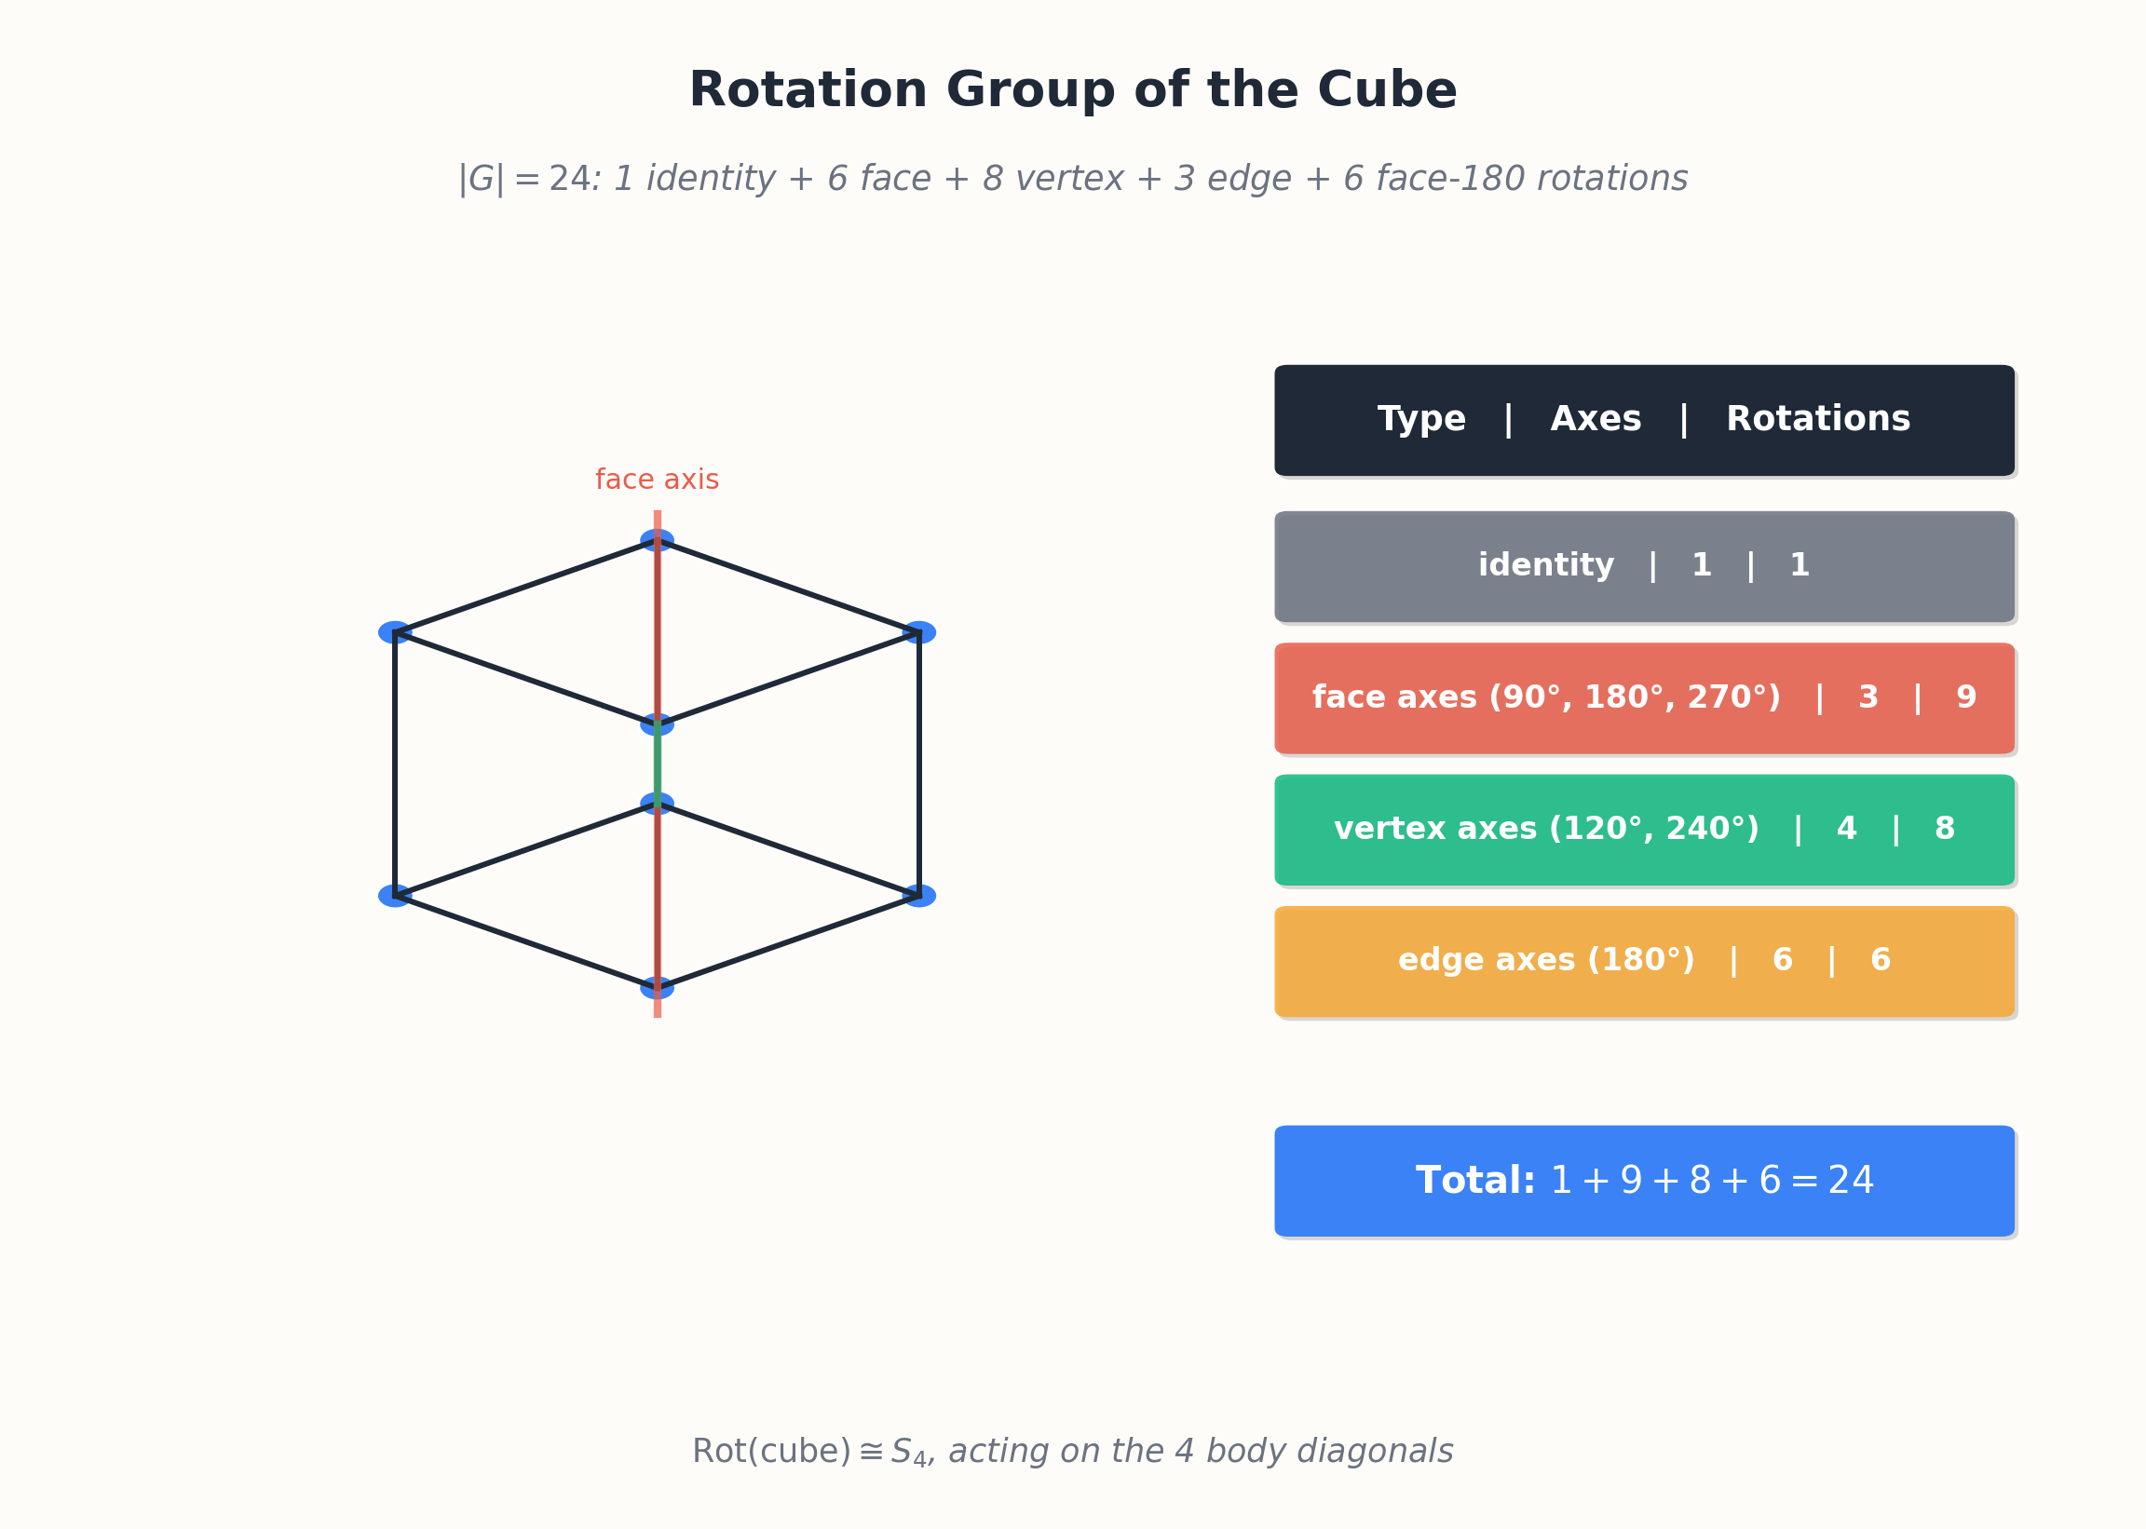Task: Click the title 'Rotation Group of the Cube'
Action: (1072, 90)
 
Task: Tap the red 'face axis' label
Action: (657, 480)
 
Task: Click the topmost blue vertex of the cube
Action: (658, 540)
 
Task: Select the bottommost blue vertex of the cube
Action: (658, 988)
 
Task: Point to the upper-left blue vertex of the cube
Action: (396, 632)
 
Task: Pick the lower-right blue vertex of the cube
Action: (919, 897)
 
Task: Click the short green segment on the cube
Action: (658, 764)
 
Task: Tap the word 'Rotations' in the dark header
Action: (1818, 419)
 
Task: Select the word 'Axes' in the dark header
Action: (1596, 419)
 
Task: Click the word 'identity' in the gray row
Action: (1546, 565)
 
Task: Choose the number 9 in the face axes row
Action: (1966, 697)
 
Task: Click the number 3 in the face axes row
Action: (1868, 697)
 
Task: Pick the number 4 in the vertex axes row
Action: (1847, 829)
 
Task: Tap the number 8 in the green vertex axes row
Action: (1945, 829)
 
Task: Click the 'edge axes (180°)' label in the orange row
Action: (1546, 960)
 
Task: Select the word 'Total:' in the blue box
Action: (1475, 1181)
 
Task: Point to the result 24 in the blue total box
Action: (1851, 1181)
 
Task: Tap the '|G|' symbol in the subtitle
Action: (482, 179)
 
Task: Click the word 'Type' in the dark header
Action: (1422, 420)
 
